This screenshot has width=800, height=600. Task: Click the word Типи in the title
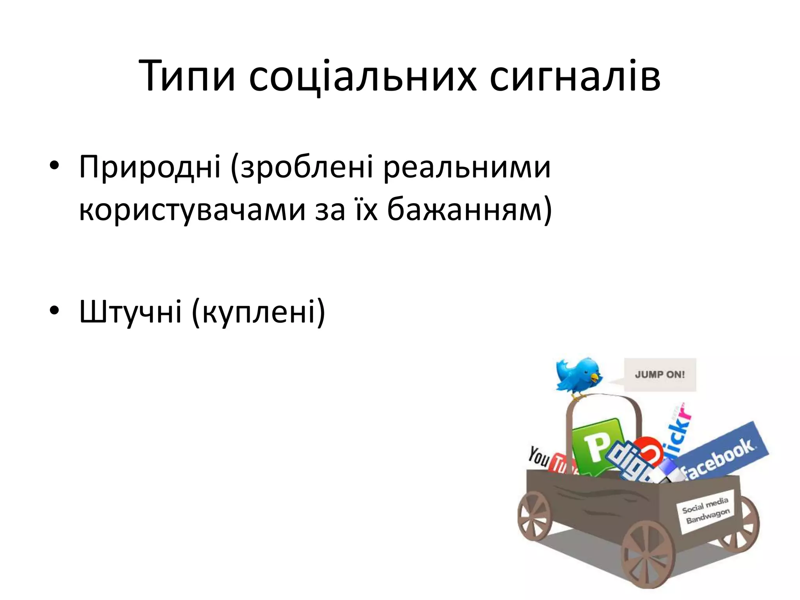187,76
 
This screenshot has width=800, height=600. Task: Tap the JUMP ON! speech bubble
660,374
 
